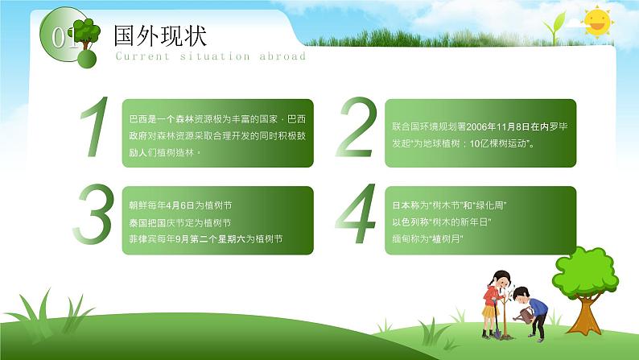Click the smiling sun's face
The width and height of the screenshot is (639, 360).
click(x=597, y=22)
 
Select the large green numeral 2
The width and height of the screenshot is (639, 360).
click(x=357, y=126)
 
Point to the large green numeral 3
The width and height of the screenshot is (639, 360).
click(x=93, y=214)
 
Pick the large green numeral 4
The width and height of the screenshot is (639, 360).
click(x=356, y=213)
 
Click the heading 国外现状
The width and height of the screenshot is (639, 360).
click(x=160, y=36)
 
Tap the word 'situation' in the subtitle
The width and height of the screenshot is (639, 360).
click(x=215, y=56)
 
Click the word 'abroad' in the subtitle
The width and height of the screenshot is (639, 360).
click(x=282, y=56)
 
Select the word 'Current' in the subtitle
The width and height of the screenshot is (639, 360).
click(x=142, y=56)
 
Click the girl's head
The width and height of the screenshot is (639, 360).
click(x=501, y=279)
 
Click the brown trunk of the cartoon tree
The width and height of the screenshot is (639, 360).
click(x=585, y=315)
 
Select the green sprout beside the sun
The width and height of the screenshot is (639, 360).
click(x=555, y=27)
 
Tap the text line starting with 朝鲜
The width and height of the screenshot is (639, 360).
click(x=180, y=205)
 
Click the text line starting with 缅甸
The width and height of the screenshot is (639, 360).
click(x=427, y=239)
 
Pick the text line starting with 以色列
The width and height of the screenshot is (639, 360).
click(x=441, y=222)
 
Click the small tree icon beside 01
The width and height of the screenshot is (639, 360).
click(x=86, y=35)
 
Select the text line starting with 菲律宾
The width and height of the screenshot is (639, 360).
click(x=206, y=239)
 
